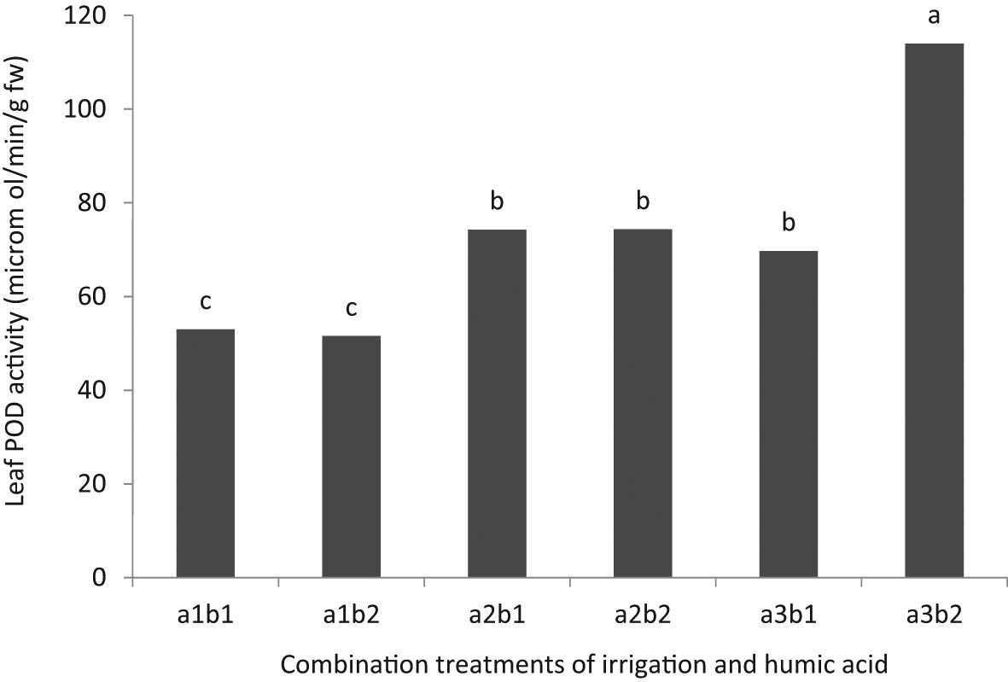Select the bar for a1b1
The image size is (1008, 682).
click(205, 453)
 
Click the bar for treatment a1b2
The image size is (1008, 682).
click(351, 457)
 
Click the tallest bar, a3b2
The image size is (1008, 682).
click(934, 311)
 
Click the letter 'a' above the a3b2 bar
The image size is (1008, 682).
click(934, 16)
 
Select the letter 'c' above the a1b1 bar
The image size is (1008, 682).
click(205, 303)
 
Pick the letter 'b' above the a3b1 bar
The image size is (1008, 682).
click(788, 224)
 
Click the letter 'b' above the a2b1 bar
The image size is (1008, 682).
click(497, 202)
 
